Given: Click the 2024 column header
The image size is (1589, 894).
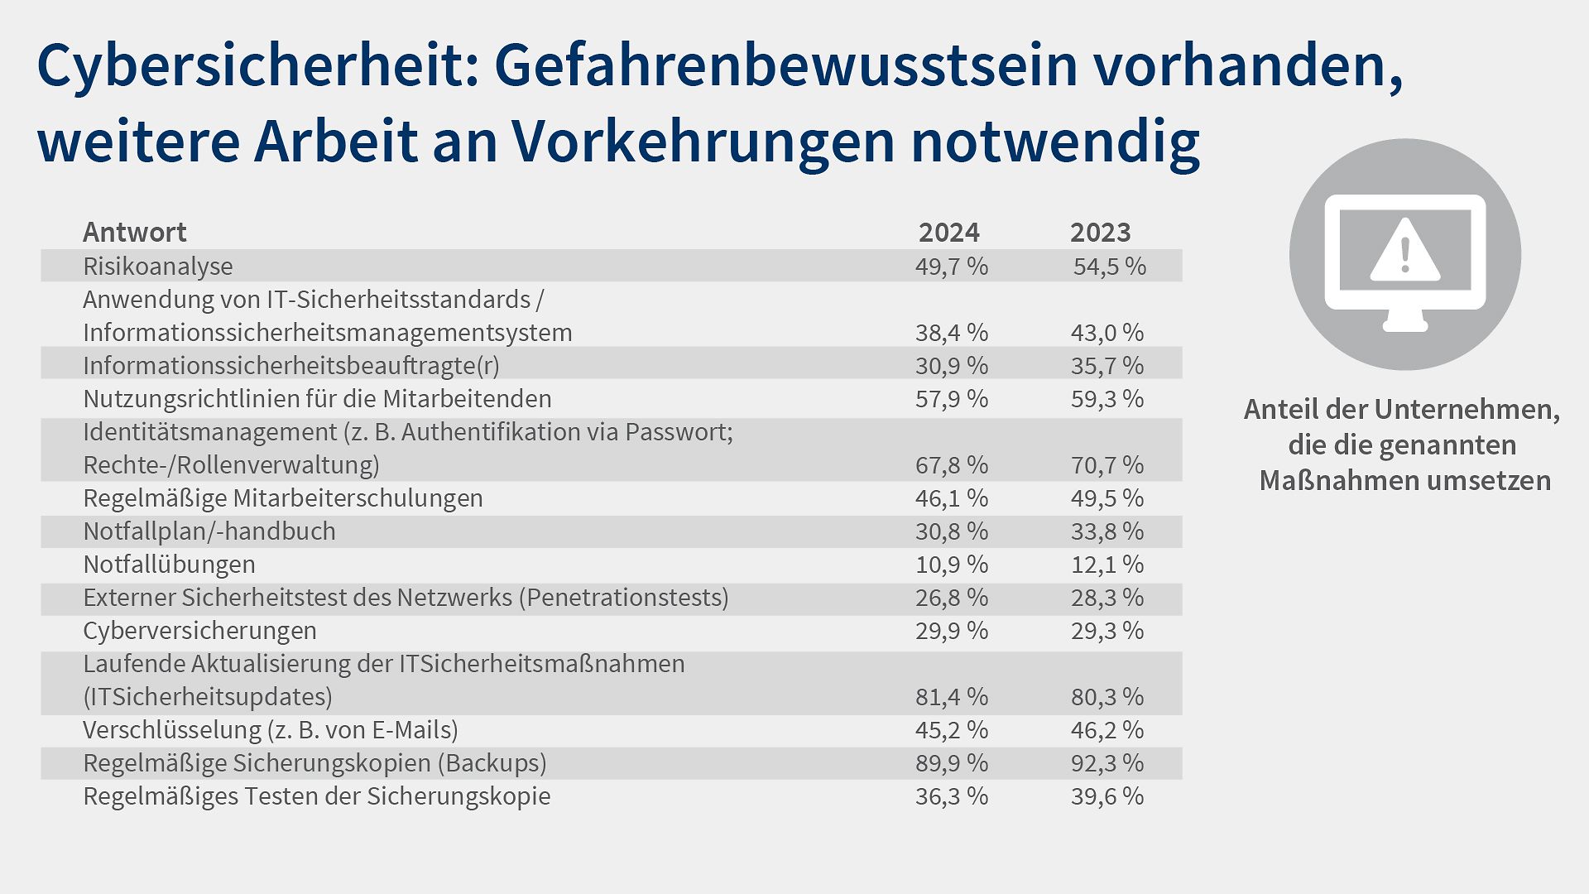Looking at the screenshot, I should pos(948,233).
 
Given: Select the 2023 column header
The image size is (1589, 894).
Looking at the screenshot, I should pos(1100,233).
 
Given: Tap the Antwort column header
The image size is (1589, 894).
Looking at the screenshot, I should pos(135,233).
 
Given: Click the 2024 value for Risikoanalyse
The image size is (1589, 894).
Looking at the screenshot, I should pos(951,267).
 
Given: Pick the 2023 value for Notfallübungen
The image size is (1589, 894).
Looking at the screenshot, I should pos(1107,565).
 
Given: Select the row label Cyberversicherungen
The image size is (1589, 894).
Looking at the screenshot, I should pos(199,631).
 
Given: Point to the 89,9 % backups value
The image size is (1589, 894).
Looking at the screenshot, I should pos(951,763).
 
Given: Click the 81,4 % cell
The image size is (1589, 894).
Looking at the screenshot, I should pos(951,697).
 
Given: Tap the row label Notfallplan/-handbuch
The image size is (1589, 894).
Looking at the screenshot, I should pos(209,531).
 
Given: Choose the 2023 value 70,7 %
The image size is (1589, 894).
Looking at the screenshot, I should pos(1107,465).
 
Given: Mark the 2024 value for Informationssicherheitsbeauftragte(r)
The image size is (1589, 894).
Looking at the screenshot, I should pos(951,366).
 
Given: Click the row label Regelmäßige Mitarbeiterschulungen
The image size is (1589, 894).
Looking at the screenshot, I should pos(283,498).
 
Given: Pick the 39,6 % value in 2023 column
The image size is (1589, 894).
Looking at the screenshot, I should pos(1107,796).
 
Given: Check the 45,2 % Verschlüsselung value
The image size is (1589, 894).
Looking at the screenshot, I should pos(951,730).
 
